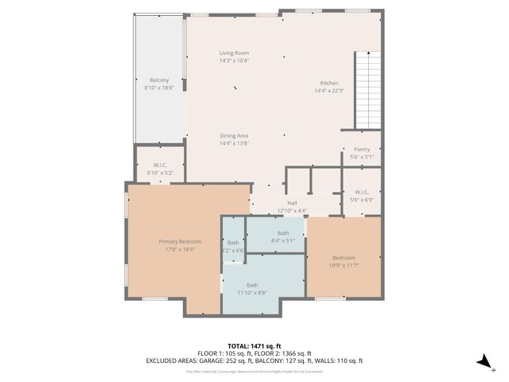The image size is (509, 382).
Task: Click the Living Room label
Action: (x=234, y=53)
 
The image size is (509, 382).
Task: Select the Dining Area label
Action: (x=234, y=136)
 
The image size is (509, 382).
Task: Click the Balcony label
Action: (x=159, y=80)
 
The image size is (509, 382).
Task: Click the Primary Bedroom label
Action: (x=179, y=241)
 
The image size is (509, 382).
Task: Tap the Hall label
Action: (x=292, y=203)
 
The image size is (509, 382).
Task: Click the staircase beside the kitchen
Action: (x=367, y=89)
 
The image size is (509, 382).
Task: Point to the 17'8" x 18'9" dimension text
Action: (x=179, y=249)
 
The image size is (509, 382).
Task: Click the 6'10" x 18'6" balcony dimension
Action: (x=159, y=88)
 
